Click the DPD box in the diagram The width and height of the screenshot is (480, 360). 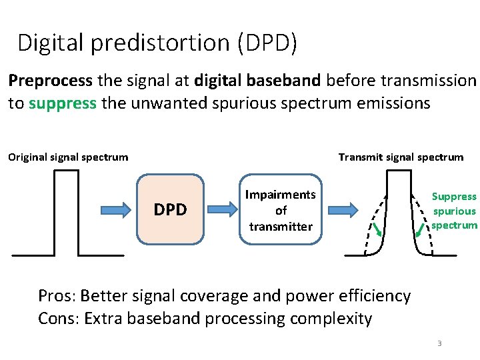click(x=170, y=209)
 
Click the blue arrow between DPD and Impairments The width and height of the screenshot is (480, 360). click(x=225, y=209)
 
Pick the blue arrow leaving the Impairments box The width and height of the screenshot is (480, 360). click(x=343, y=209)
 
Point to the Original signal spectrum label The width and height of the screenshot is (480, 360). click(x=68, y=157)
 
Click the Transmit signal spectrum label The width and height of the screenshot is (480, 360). click(x=401, y=157)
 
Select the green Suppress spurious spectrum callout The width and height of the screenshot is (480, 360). click(x=454, y=211)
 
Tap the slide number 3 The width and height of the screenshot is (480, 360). click(x=439, y=343)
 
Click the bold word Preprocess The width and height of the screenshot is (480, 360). click(x=51, y=81)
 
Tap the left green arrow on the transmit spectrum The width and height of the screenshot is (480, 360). click(x=377, y=230)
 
